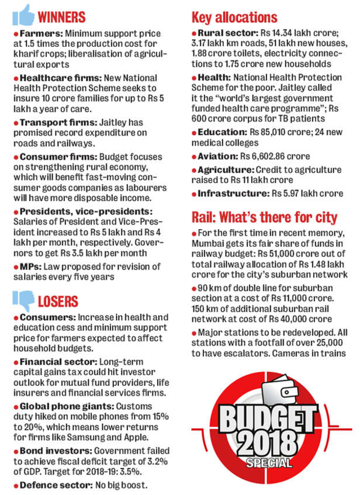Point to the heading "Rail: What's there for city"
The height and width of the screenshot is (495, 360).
[x=264, y=218]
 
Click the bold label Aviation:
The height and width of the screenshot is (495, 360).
[x=217, y=156]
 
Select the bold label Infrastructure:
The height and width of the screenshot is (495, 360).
[x=230, y=193]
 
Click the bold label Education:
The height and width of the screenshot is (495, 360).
[x=221, y=132]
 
